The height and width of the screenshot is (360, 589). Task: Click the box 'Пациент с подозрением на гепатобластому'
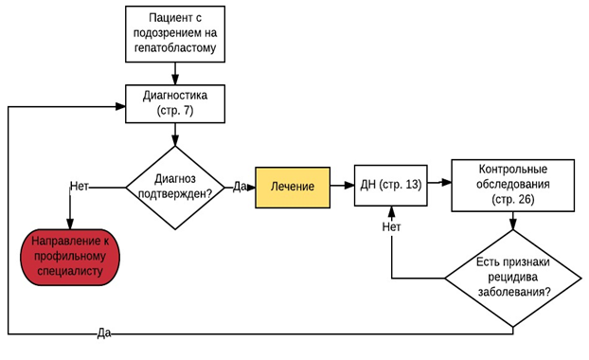[x=175, y=34]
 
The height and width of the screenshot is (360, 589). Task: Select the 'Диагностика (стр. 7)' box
[x=175, y=103]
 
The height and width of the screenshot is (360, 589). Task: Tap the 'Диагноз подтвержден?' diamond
[x=175, y=188]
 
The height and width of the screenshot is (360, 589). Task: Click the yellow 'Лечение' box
[x=293, y=188]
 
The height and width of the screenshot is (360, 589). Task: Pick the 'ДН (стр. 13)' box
[x=391, y=186]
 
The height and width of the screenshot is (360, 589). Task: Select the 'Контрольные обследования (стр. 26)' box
[x=512, y=186]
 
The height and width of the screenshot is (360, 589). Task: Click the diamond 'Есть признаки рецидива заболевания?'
[x=513, y=279]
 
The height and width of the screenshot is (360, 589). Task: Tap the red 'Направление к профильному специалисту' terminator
[x=70, y=257]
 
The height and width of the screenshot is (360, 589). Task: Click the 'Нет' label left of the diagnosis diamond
[x=80, y=187]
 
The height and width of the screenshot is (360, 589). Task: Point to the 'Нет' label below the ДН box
[x=391, y=226]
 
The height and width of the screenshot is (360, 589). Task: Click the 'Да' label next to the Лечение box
[x=240, y=187]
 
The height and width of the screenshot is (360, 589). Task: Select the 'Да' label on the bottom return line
[x=104, y=333]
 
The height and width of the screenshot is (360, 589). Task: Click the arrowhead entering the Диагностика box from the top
[x=175, y=80]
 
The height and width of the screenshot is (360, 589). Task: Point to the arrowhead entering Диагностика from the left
[x=120, y=106]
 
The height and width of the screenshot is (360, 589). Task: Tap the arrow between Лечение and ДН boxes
[x=342, y=185]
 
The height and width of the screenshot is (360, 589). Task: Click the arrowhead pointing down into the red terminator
[x=70, y=224]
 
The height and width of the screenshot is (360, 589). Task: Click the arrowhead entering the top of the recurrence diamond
[x=513, y=225]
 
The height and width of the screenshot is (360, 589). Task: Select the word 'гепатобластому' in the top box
[x=175, y=48]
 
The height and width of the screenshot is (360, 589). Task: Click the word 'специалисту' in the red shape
[x=70, y=272]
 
